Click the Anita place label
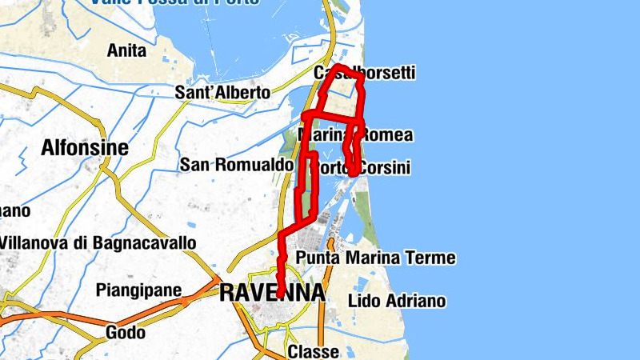[x=127, y=51]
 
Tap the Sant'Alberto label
[x=222, y=93]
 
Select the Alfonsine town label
[x=85, y=148]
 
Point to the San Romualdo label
[x=237, y=165]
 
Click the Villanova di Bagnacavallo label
[x=98, y=242]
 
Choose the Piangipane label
[x=138, y=290]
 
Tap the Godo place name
[x=126, y=332]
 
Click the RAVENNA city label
[x=272, y=293]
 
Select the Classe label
[x=313, y=352]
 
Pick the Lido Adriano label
[x=397, y=302]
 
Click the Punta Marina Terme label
[x=375, y=258]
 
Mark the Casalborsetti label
[x=365, y=74]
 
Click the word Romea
[x=386, y=135]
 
